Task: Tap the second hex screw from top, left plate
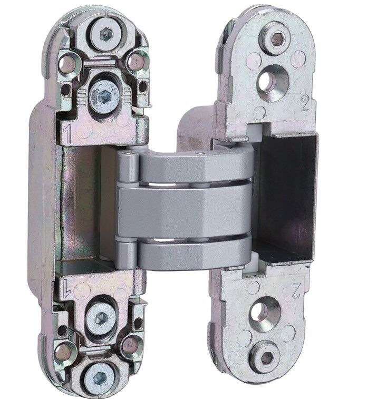coord(104,96)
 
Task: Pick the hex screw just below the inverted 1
coord(101,318)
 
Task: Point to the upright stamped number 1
coord(67,133)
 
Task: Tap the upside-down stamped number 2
coord(296,290)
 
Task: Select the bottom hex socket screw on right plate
coord(266,358)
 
